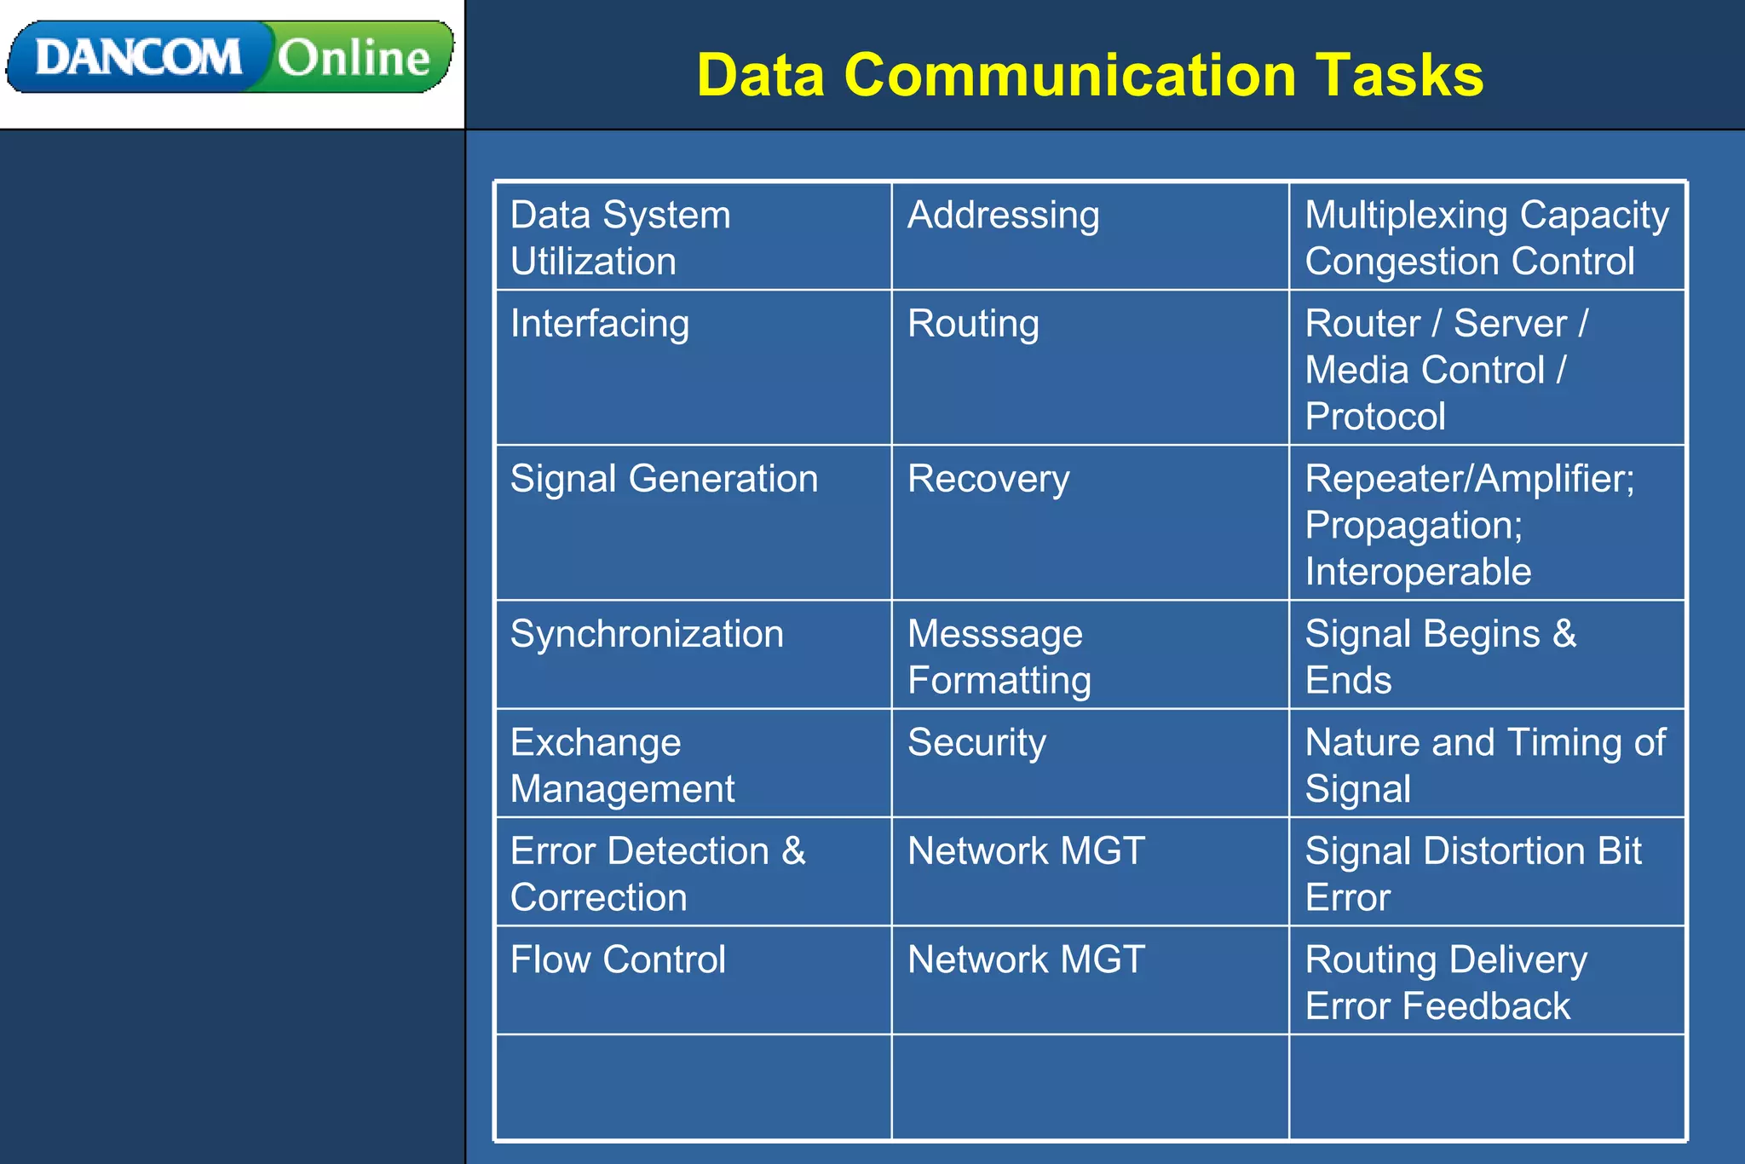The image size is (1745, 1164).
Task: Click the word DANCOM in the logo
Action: [x=138, y=58]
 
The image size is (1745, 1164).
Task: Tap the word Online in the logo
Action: [x=354, y=58]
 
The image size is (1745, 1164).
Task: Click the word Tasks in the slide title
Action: [x=1399, y=75]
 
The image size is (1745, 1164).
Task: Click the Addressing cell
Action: [x=1003, y=216]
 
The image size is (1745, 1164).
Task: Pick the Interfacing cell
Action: [x=600, y=325]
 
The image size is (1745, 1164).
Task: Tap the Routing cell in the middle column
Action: [x=973, y=325]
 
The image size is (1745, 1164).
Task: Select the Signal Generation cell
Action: [x=664, y=479]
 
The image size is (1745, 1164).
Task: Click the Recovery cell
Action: [x=988, y=479]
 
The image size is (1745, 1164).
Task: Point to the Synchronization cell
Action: [x=647, y=635]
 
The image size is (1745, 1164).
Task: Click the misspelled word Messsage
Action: [x=995, y=635]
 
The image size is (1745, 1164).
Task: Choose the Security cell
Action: [x=976, y=743]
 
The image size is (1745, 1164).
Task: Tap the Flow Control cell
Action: [x=618, y=960]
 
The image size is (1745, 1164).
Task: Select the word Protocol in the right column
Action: [x=1375, y=417]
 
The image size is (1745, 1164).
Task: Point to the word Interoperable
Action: [x=1418, y=572]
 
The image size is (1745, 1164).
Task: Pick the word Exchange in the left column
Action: [x=596, y=743]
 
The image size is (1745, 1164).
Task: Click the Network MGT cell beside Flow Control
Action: [x=1026, y=960]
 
